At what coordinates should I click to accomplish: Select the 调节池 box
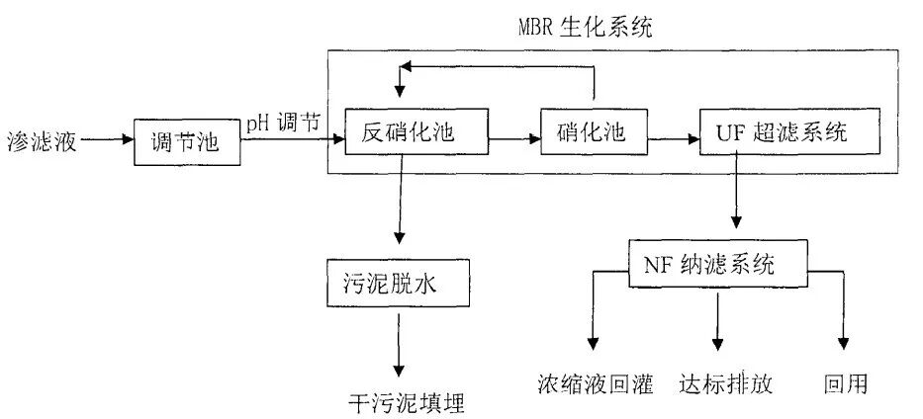point(185,142)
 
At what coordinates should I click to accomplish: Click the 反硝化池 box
point(415,132)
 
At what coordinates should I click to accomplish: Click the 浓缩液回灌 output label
point(596,384)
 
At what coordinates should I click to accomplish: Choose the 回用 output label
point(845,384)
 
